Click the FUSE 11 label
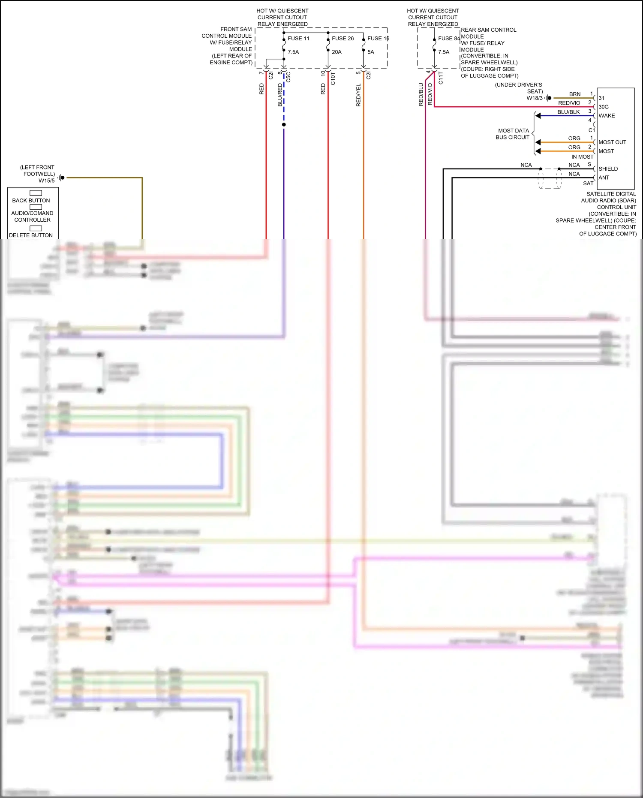298,39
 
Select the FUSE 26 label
343,39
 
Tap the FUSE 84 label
448,39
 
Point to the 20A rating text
337,52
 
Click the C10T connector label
333,78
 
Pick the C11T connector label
441,78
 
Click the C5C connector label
288,77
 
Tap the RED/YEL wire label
358,95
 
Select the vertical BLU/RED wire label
280,95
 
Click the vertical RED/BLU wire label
421,94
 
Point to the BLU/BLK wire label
568,112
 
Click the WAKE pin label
607,116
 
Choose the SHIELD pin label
608,169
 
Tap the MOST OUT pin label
612,142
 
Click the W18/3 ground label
535,98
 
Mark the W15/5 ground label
47,181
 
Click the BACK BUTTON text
31,201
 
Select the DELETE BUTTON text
31,235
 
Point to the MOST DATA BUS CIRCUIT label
513,134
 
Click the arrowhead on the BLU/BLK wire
538,116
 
